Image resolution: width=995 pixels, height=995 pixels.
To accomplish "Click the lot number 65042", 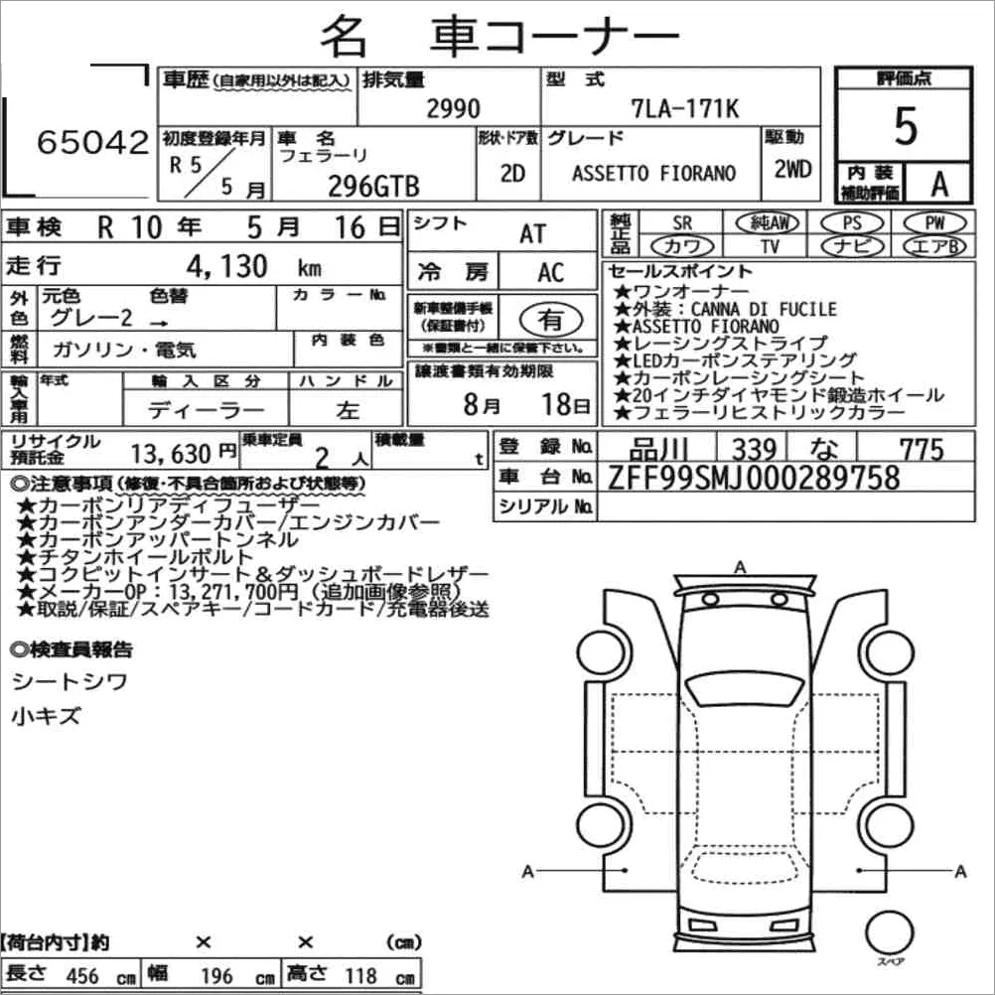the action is click(92, 142).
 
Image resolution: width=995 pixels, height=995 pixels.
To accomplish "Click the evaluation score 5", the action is click(906, 126).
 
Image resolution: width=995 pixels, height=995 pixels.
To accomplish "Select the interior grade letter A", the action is click(939, 184).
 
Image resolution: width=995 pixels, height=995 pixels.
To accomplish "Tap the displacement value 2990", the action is click(453, 108).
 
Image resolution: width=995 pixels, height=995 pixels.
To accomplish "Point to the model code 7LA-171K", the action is click(685, 108).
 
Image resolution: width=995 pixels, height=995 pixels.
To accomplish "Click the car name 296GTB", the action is click(373, 187).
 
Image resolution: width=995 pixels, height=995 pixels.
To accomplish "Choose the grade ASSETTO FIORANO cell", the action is click(653, 173).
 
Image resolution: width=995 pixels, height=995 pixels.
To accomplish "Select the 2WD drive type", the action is click(792, 169).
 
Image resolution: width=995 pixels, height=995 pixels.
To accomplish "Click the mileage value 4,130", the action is click(226, 266).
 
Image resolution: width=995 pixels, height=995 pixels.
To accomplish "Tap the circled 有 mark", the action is click(550, 319).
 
